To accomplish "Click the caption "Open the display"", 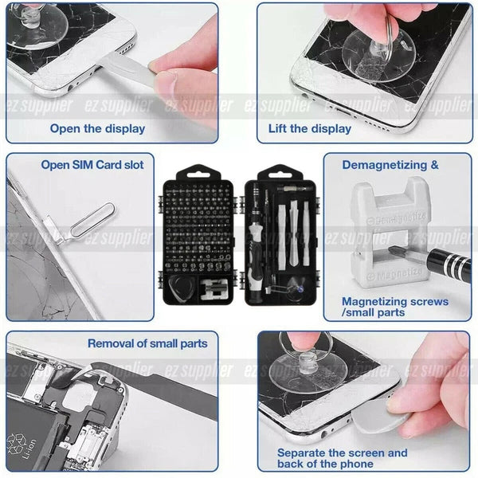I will [x=97, y=128].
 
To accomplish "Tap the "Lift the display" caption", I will [x=309, y=128].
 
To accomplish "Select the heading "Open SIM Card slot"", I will [x=92, y=165].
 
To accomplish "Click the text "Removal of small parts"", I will [x=147, y=343].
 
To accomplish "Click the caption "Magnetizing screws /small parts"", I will [x=394, y=307].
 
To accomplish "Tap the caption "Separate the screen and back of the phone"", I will [x=342, y=458].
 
